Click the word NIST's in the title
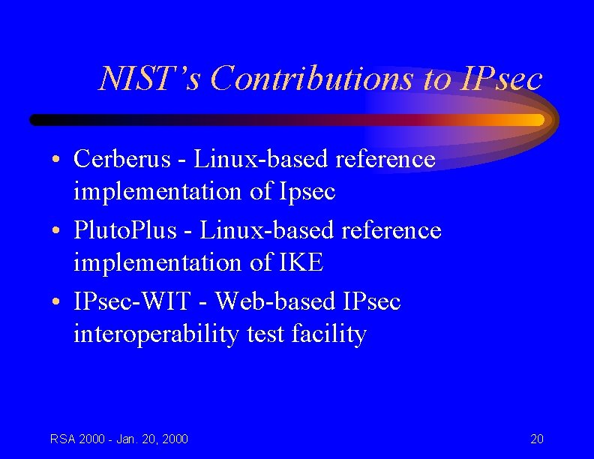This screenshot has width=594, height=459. [149, 78]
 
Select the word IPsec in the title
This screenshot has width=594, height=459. [499, 78]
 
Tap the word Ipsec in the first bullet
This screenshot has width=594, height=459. [307, 191]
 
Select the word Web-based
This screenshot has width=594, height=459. [275, 301]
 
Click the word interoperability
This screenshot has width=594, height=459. [156, 334]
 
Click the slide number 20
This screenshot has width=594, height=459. [537, 439]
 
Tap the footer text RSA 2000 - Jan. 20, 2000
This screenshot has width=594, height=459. [119, 439]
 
